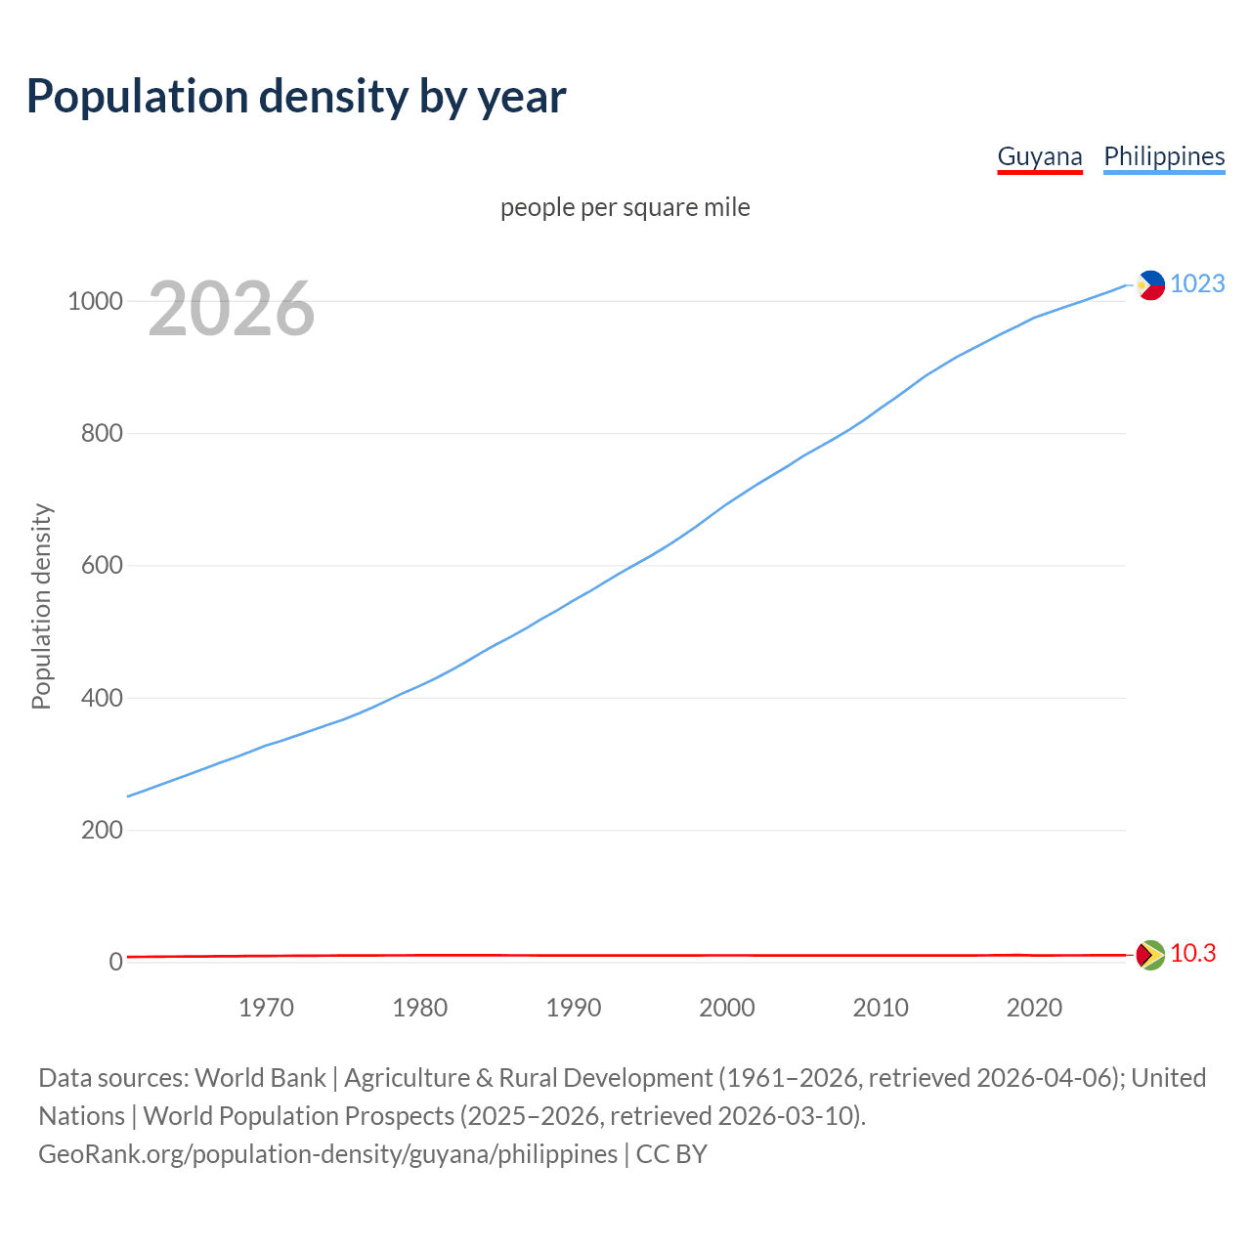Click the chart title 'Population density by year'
click(296, 97)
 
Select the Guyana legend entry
click(1039, 156)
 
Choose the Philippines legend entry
click(1163, 156)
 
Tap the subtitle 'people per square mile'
click(625, 207)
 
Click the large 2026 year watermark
click(232, 309)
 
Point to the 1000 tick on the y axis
click(95, 301)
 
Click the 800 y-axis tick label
click(102, 433)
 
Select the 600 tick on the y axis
click(102, 566)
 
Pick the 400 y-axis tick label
click(102, 698)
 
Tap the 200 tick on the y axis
click(102, 830)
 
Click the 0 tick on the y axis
click(116, 962)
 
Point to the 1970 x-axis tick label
click(266, 1008)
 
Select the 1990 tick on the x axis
click(574, 1008)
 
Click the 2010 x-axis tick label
click(881, 1008)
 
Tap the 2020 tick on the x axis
click(1034, 1008)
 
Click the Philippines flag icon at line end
click(1150, 284)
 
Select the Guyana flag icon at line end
click(1150, 954)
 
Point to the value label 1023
click(1197, 283)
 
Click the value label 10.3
click(1192, 953)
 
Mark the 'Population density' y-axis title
click(41, 606)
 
